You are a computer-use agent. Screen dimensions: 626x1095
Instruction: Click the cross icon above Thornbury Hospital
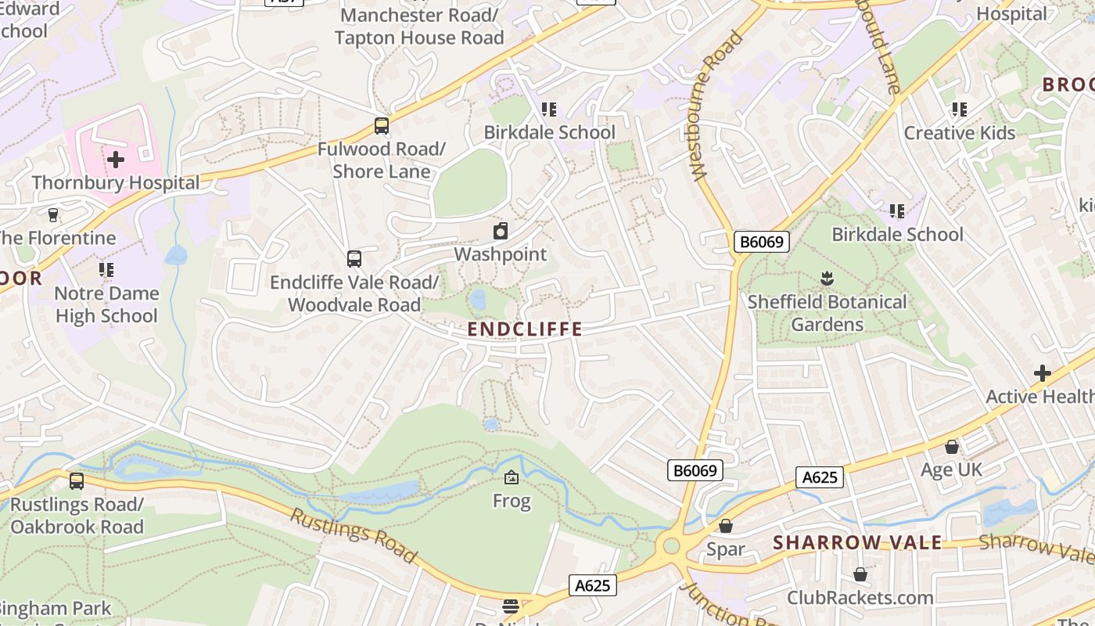116,160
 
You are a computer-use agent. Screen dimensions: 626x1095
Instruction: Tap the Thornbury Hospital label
116,183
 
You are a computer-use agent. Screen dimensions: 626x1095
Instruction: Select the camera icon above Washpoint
501,231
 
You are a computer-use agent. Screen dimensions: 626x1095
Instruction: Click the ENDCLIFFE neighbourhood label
525,329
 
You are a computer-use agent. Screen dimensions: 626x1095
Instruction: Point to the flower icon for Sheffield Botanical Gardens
827,278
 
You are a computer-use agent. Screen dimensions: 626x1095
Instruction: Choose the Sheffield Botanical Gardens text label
827,313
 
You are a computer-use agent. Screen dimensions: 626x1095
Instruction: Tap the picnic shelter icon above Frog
512,477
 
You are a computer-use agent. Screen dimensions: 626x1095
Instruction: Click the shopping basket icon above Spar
726,526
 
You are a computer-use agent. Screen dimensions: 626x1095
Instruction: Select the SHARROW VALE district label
857,543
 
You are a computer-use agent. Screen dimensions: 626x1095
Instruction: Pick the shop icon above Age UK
952,447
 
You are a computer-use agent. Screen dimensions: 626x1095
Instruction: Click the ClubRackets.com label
860,598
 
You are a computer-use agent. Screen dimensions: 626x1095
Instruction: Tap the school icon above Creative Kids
959,110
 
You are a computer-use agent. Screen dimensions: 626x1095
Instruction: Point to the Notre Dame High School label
106,304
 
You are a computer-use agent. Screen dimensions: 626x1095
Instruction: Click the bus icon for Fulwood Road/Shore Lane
382,125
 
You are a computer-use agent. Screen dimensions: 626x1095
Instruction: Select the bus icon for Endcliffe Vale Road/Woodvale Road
354,258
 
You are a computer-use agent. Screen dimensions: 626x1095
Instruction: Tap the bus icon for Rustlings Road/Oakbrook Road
77,481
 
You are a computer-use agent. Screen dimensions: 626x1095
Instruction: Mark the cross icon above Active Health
1042,373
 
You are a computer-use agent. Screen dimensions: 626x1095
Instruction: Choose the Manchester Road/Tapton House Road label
419,26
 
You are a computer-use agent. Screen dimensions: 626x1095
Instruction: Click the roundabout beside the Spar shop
670,545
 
